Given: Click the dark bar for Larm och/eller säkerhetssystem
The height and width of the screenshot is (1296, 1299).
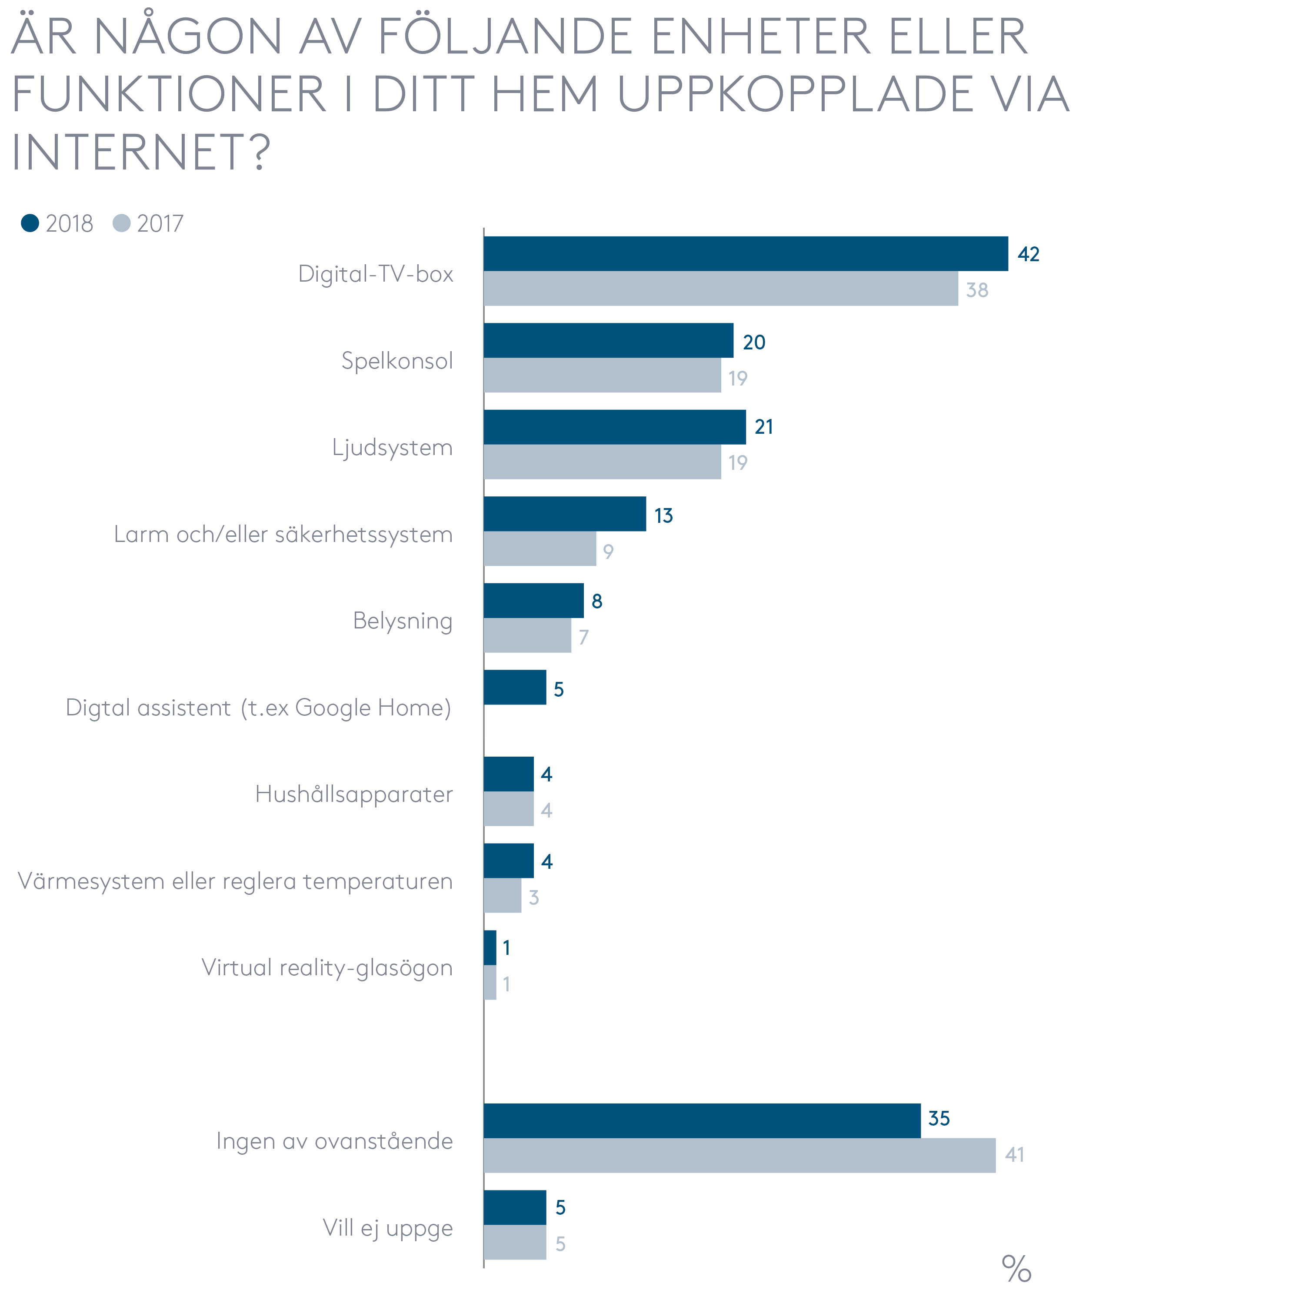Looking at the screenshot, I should point(564,514).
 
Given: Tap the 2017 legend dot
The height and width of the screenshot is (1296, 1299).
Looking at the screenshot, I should point(122,223).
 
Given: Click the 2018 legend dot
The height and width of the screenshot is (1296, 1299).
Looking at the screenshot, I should point(30,223).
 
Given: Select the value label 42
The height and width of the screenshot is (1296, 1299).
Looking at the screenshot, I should point(1028,254).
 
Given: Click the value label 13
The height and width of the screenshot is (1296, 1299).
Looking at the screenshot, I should point(663,515).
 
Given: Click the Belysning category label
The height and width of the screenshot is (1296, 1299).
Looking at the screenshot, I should point(402,621).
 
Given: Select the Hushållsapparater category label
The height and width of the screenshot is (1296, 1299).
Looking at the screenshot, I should point(354,794).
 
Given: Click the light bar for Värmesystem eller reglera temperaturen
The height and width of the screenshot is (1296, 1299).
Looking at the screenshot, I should point(502,895).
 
